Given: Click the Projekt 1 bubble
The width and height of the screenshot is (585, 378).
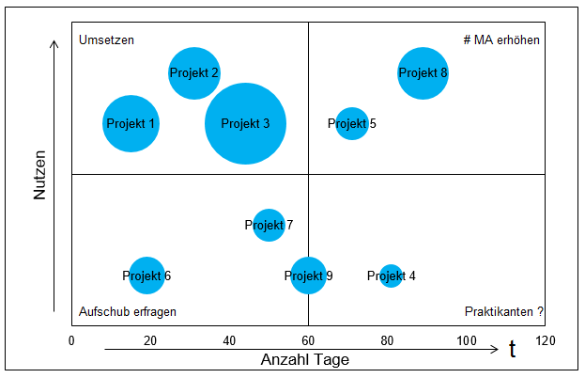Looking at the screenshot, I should tap(131, 123).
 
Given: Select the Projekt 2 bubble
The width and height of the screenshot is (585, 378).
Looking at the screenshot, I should tap(194, 72).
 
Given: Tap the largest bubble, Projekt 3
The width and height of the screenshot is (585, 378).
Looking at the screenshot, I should tap(245, 124).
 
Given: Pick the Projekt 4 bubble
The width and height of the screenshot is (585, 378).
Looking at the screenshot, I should tap(391, 276).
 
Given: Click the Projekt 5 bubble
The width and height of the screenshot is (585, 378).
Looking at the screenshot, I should tap(351, 123).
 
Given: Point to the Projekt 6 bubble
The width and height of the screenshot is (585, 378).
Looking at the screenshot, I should tap(146, 276).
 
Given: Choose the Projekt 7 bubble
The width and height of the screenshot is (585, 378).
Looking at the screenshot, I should tap(269, 225).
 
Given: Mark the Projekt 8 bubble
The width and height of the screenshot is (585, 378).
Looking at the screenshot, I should tap(423, 72).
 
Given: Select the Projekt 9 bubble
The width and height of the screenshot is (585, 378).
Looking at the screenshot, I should tap(308, 276).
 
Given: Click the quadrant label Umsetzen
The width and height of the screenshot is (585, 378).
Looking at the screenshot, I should tap(107, 40).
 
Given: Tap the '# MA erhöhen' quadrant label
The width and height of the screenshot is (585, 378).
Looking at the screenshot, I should tap(501, 40).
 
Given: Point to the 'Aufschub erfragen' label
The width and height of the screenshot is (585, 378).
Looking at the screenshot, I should tap(128, 312).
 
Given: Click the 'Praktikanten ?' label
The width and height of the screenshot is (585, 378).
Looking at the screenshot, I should tap(504, 312).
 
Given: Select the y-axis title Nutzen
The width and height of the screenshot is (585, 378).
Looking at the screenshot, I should tap(40, 175).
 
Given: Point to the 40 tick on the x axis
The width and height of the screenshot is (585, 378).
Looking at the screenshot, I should tap(229, 339).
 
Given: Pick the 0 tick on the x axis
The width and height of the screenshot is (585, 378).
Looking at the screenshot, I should tap(71, 339).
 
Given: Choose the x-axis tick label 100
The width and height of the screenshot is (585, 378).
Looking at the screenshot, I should tap(465, 339).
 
